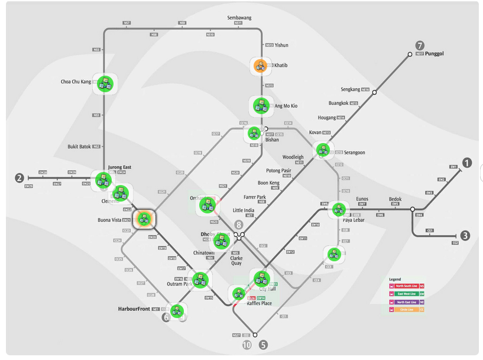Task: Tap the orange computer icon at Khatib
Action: pos(259,66)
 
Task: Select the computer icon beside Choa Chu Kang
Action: pos(105,83)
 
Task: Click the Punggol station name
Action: pos(434,54)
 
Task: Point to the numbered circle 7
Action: pos(420,46)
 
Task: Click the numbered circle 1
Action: pos(467,163)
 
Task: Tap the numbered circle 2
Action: pos(20,178)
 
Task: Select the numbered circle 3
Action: pos(466,236)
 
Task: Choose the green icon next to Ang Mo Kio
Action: pos(260,106)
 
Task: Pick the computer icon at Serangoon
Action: pos(322,151)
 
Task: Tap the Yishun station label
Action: pos(281,45)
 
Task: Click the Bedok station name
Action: pos(395,199)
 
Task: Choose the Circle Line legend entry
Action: pos(407,309)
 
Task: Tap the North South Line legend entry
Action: pos(407,286)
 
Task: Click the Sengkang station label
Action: pos(351,89)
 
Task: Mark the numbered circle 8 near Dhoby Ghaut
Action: pos(238,225)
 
